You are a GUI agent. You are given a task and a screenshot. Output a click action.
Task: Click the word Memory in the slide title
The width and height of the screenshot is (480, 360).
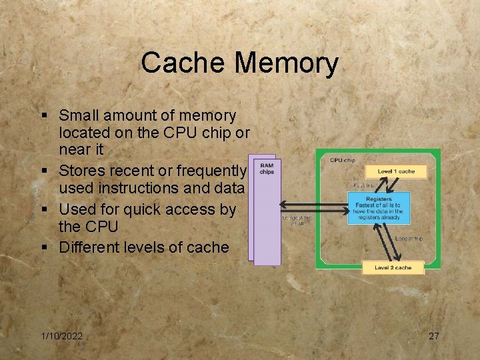287,63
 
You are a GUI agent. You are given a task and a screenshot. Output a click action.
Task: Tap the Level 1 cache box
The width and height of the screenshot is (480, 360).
395,171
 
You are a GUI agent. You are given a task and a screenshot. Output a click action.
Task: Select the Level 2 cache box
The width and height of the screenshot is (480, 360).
393,268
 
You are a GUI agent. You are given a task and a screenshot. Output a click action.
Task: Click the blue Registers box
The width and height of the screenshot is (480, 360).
379,207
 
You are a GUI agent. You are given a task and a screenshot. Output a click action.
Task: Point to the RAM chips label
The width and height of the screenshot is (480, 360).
267,169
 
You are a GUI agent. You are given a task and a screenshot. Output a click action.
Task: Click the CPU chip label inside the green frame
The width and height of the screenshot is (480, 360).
343,160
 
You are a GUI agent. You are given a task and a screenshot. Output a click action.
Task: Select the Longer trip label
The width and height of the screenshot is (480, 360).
409,239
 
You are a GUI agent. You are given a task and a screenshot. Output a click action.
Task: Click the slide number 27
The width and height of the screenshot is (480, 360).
433,336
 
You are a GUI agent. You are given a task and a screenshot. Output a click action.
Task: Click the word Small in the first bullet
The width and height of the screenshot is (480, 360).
80,116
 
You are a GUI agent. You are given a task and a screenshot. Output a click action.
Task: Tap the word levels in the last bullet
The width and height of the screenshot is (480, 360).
147,247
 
